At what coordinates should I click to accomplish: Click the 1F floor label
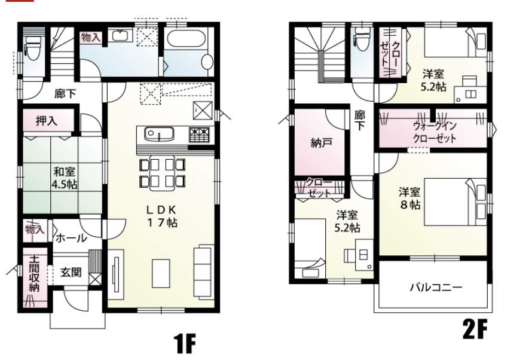click(x=185, y=343)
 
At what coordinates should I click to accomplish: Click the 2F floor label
click(x=475, y=328)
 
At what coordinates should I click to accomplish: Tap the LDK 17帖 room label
click(x=162, y=216)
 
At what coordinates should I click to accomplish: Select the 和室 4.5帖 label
click(x=64, y=178)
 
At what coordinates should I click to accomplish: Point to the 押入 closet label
click(x=47, y=121)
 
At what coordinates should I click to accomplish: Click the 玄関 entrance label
click(x=71, y=272)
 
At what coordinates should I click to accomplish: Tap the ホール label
click(x=71, y=238)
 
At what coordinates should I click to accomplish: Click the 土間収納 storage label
click(x=34, y=273)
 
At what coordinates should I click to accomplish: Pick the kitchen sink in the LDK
click(x=159, y=135)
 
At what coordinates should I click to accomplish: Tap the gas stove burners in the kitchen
click(x=199, y=135)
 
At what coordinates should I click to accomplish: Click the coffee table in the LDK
click(x=161, y=273)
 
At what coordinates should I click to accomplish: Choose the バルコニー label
click(x=436, y=288)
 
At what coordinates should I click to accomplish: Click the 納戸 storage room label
click(x=322, y=143)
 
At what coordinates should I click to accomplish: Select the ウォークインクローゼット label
click(x=435, y=132)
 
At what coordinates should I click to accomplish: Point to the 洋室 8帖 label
click(x=409, y=199)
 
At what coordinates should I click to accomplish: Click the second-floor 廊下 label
click(x=360, y=120)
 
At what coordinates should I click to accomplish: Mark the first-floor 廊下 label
click(x=65, y=93)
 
